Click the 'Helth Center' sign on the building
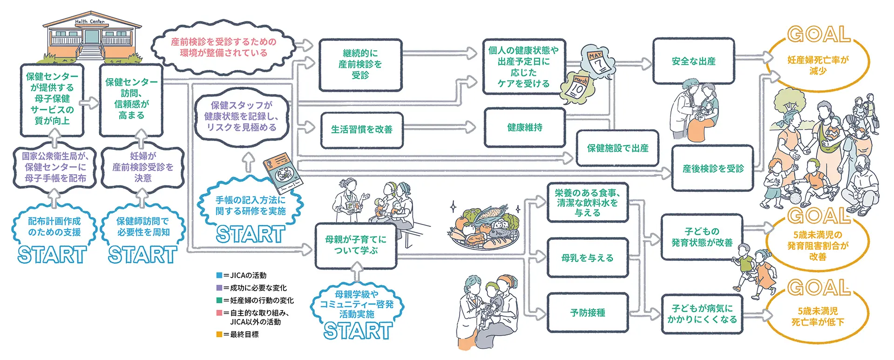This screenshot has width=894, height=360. coord(90,22)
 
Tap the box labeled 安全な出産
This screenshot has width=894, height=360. coord(693,61)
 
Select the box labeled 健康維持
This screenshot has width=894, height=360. coord(525,128)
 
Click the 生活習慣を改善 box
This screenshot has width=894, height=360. coord(362,130)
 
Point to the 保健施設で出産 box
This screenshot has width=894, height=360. coord(617,148)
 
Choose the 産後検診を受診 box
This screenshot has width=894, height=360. coord(713,169)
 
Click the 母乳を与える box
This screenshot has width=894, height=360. coord(588,258)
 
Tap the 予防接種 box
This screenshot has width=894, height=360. coord(588,313)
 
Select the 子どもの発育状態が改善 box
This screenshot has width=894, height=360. coord(702,237)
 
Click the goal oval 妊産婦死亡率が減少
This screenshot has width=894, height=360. coord(818,65)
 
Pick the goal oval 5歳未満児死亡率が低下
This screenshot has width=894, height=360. coord(818,317)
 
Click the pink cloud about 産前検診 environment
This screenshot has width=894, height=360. coord(223,48)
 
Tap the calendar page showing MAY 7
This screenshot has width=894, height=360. coord(598,61)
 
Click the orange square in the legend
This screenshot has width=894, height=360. coord(219,334)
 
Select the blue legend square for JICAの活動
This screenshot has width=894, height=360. coord(219,275)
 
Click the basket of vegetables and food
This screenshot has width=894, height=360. coord(484,228)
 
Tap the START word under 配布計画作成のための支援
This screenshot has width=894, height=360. coord(52,255)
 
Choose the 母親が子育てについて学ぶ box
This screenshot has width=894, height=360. coord(356,245)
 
